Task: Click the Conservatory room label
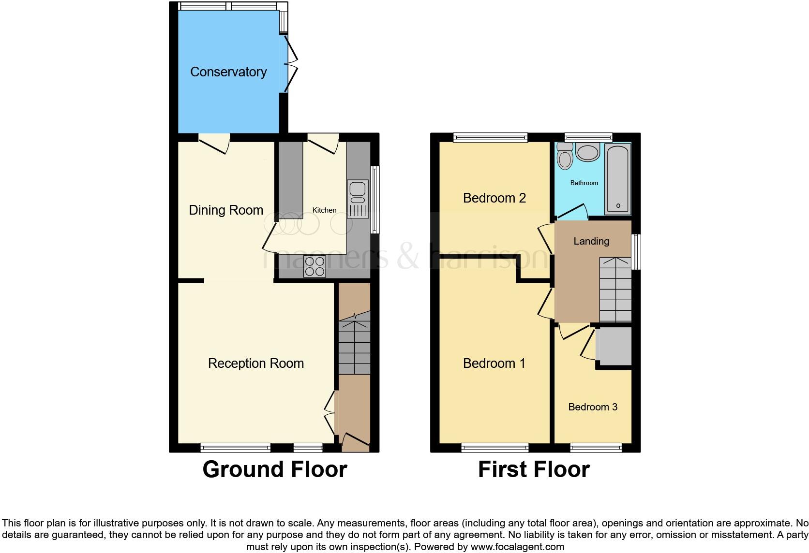coord(228,72)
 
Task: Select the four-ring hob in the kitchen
coord(314,266)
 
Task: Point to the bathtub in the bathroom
coord(617,179)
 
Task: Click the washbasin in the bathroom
coord(587,153)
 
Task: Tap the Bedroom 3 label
coord(593,407)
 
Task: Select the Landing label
coord(591,241)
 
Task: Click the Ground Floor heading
coord(274,469)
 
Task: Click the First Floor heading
coord(534,469)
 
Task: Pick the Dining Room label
coord(226,210)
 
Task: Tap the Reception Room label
coord(256,364)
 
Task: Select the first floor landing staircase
coord(615,290)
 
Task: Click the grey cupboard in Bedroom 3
coord(614,346)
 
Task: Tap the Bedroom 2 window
coord(490,138)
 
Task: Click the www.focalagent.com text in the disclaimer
coord(517,547)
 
